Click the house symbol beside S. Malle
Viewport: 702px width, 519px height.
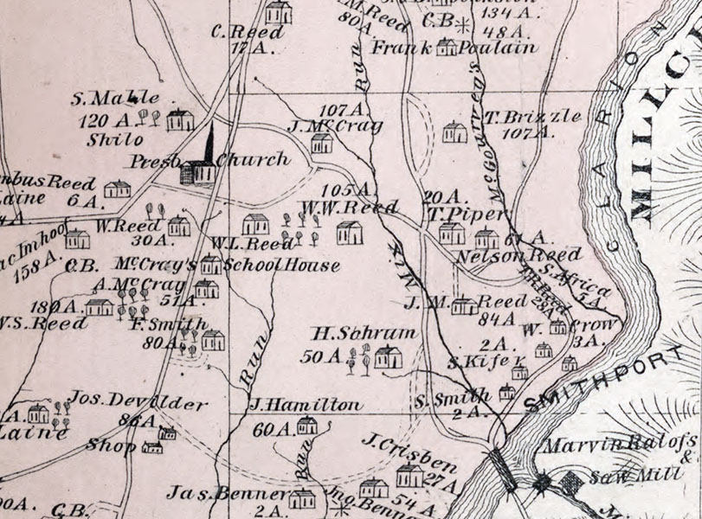click(180, 119)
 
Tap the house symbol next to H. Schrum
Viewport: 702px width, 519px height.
click(388, 356)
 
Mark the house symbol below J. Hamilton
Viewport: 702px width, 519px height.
click(306, 425)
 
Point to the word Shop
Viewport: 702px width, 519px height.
click(111, 445)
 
